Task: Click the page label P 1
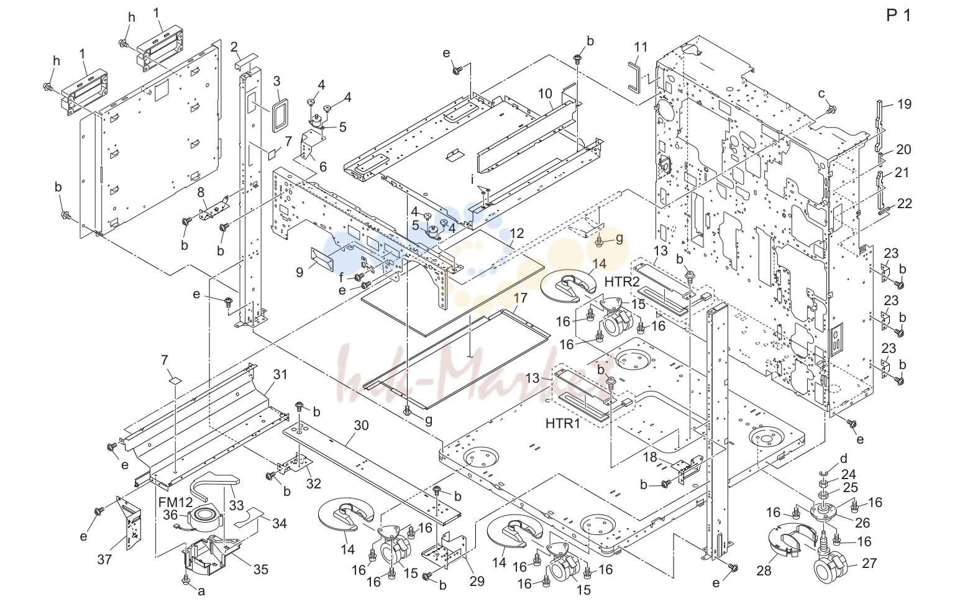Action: (x=898, y=16)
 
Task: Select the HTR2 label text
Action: (x=622, y=281)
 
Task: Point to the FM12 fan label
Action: (x=175, y=502)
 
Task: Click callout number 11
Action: (x=641, y=47)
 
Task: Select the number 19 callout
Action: (x=904, y=104)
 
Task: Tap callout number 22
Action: (x=904, y=204)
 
